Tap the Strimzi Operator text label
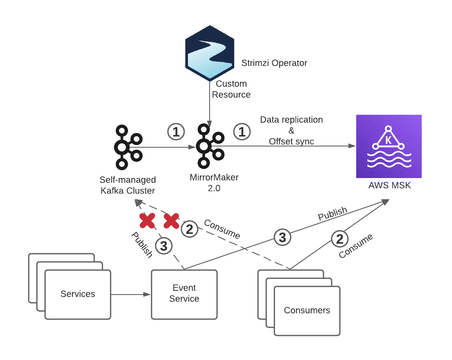(x=274, y=63)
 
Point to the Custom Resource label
(x=231, y=89)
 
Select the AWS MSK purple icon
(x=389, y=146)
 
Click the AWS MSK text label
(x=389, y=185)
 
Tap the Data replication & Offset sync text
(x=292, y=130)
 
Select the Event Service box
(x=184, y=293)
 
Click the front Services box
(x=78, y=294)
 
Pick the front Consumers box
(x=307, y=310)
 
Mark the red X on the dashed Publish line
(x=147, y=220)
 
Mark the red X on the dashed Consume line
(x=171, y=220)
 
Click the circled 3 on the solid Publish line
(x=282, y=237)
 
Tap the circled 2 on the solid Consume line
(x=339, y=239)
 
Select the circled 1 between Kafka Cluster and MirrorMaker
(x=176, y=132)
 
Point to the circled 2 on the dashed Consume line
(x=189, y=229)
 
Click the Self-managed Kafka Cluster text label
(x=128, y=185)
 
